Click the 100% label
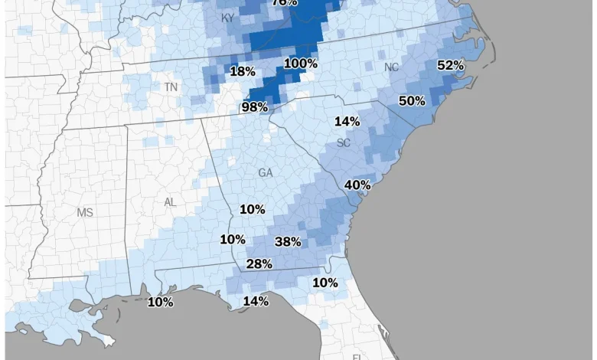pyautogui.click(x=301, y=64)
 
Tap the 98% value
pyautogui.click(x=255, y=107)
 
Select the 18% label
pyautogui.click(x=243, y=71)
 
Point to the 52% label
pyautogui.click(x=451, y=66)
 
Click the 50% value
pyautogui.click(x=412, y=101)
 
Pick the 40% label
pyautogui.click(x=357, y=185)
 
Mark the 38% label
pyautogui.click(x=288, y=242)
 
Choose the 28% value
pyautogui.click(x=259, y=264)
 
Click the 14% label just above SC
pyautogui.click(x=347, y=121)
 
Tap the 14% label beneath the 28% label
pyautogui.click(x=256, y=302)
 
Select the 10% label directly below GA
pyautogui.click(x=253, y=209)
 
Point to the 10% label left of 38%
pyautogui.click(x=233, y=240)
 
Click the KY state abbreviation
pyautogui.click(x=228, y=18)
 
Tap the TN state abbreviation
pyautogui.click(x=171, y=87)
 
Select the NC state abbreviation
pyautogui.click(x=391, y=67)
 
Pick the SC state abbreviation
pyautogui.click(x=344, y=143)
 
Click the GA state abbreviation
pyautogui.click(x=266, y=173)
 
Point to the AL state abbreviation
pyautogui.click(x=170, y=202)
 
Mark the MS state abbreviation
pyautogui.click(x=84, y=212)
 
